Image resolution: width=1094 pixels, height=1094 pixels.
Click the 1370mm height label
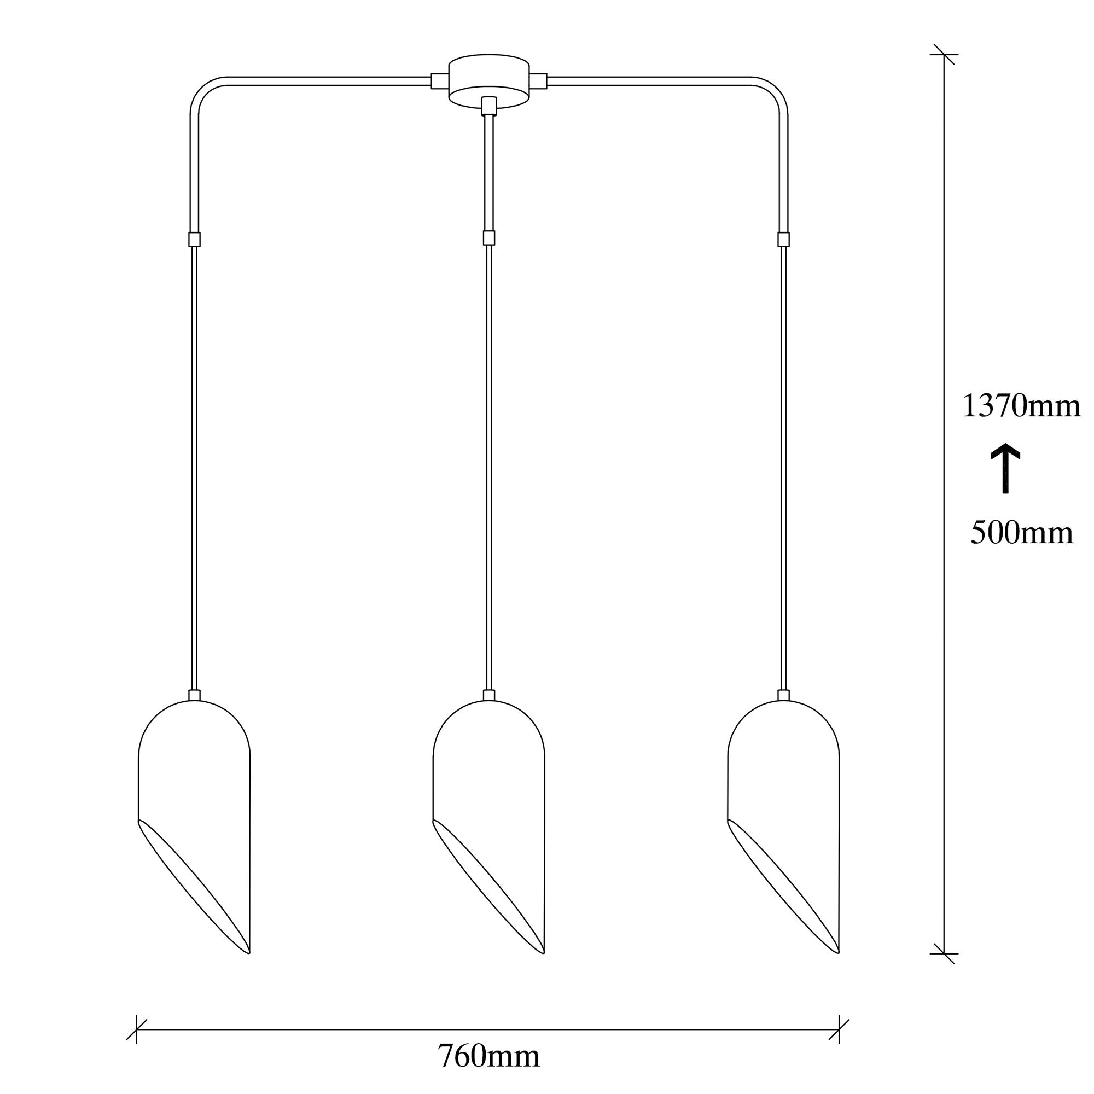pos(1021,406)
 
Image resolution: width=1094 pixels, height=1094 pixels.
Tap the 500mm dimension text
pos(1021,533)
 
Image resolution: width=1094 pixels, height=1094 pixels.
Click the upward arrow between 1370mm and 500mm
pos(1006,468)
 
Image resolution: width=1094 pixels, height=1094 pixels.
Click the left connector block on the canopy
pos(439,81)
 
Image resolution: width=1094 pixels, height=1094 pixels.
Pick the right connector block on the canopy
pos(538,81)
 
